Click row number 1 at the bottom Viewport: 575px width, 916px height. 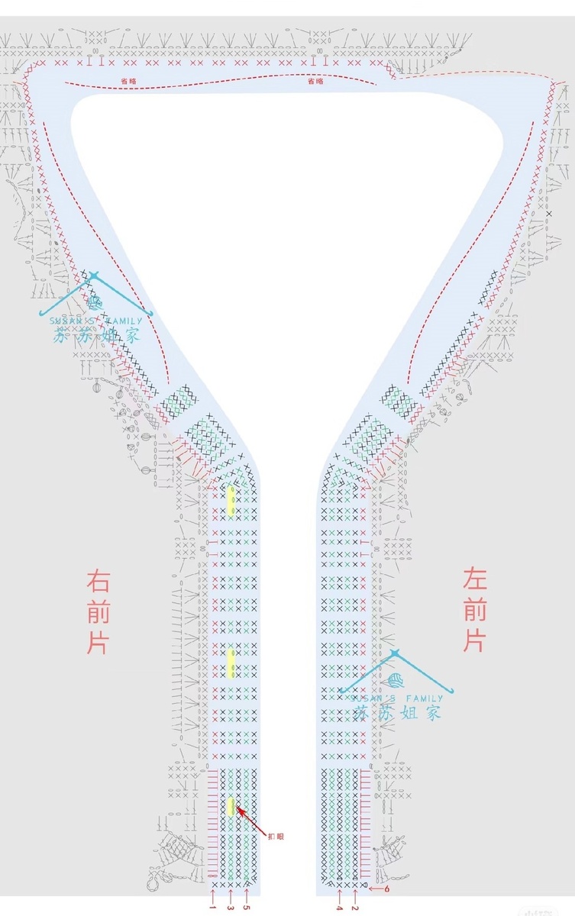coord(213,908)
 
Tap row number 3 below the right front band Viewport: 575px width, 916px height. coord(230,908)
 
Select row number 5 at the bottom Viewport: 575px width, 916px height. coord(247,908)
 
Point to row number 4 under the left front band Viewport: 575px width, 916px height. coord(339,908)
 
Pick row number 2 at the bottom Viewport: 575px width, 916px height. coord(355,908)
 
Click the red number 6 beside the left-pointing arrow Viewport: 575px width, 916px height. coord(387,889)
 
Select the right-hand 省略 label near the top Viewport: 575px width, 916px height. coord(315,80)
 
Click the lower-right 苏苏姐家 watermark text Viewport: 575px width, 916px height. coord(398,712)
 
